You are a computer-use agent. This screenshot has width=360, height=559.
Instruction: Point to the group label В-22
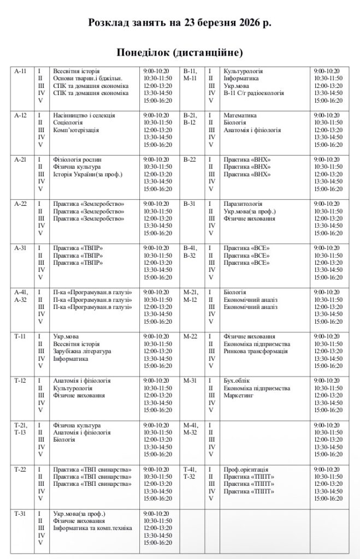pos(190,159)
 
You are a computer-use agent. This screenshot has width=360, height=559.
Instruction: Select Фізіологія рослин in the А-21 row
pos(77,159)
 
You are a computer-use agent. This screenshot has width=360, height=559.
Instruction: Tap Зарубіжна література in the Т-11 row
pos(82,351)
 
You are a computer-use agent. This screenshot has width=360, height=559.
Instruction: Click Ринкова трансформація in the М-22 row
pos(256,351)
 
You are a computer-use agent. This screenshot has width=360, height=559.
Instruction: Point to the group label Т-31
pos(21,514)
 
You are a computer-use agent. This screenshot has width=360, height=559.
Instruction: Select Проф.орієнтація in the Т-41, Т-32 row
pos(246,469)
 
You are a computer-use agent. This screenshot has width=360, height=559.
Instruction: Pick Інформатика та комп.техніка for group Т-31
pos(93,528)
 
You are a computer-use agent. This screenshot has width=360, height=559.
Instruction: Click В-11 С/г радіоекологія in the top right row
pos(254,93)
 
